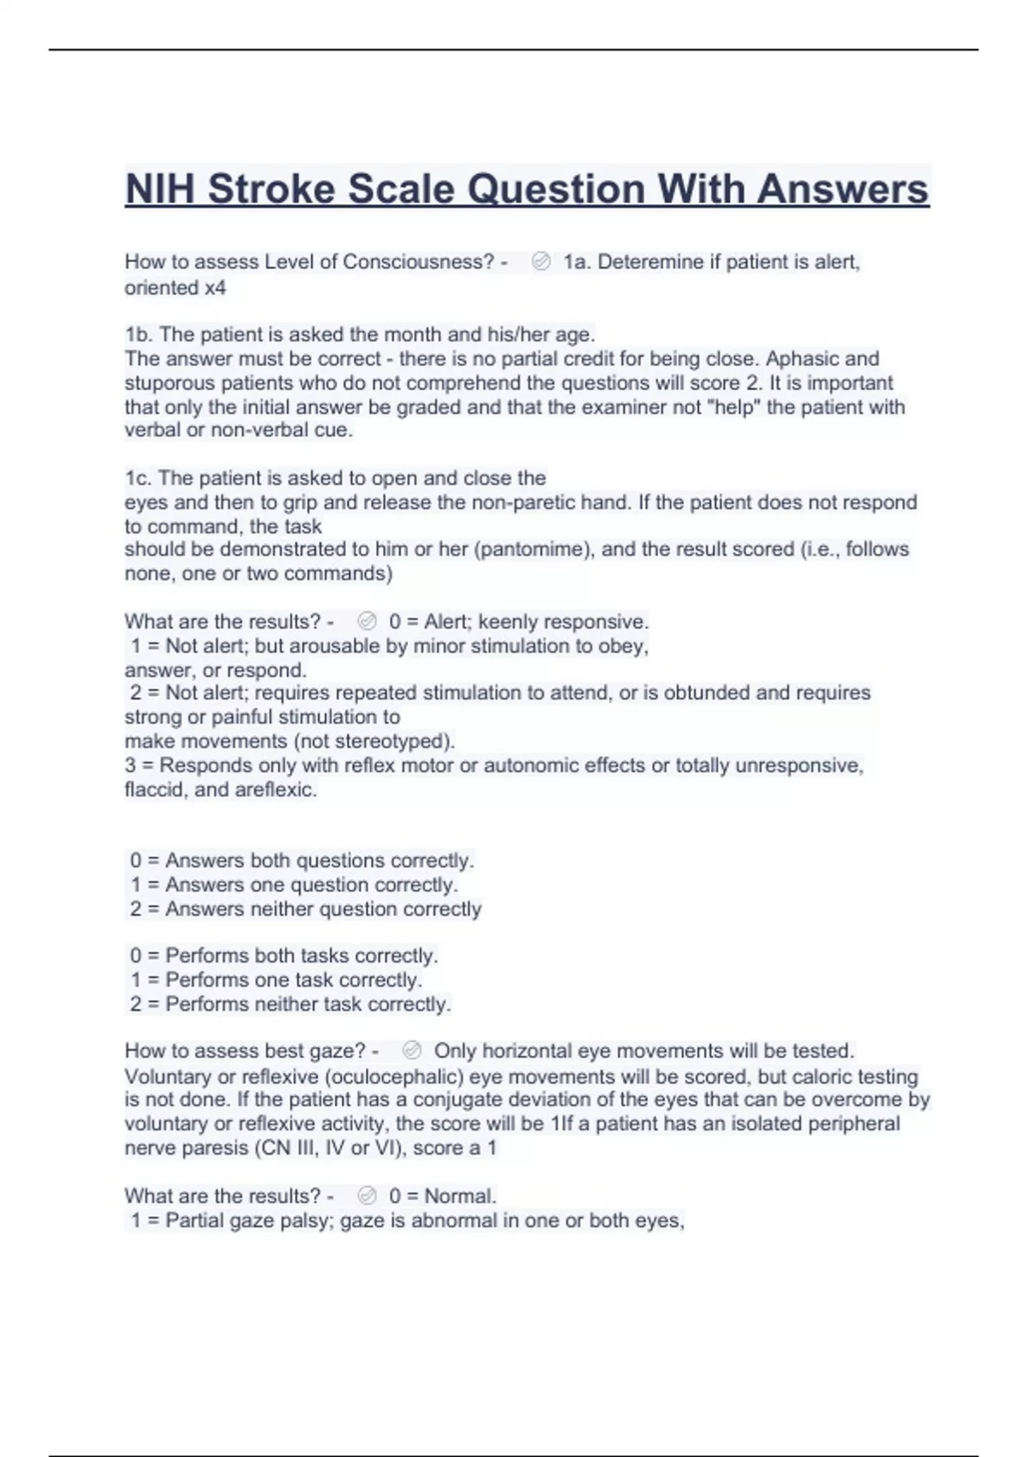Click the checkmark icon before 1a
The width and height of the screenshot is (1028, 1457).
[541, 262]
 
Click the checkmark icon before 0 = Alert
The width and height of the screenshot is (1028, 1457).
[367, 621]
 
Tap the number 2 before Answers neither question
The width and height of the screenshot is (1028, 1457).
[136, 909]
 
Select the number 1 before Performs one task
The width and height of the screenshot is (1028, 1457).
[136, 980]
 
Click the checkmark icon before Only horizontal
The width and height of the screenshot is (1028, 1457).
[412, 1051]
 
